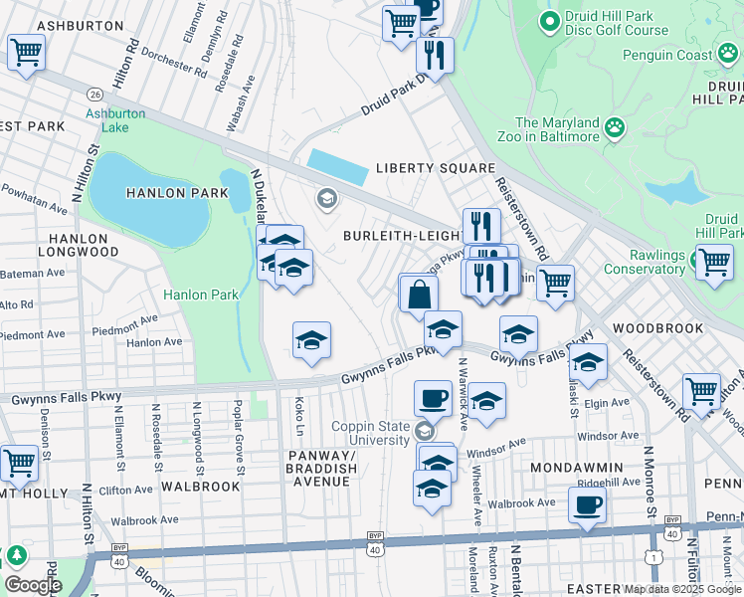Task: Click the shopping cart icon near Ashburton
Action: (26, 52)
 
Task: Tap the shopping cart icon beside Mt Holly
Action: (19, 463)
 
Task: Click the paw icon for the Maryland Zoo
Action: (617, 127)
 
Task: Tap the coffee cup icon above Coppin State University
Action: (432, 398)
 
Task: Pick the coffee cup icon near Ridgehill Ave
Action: (587, 503)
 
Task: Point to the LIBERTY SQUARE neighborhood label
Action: (435, 168)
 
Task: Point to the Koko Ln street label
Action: (299, 416)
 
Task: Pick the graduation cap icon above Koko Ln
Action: (311, 341)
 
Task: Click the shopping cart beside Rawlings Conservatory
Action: (713, 264)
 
